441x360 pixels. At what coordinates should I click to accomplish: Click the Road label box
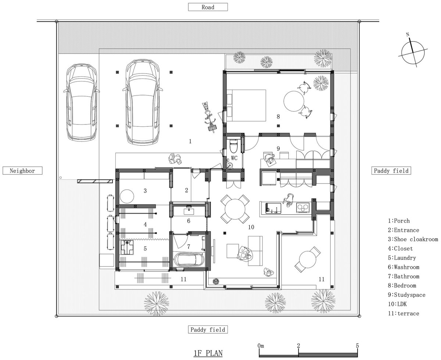click(208, 7)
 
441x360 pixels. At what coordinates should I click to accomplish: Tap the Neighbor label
click(22, 170)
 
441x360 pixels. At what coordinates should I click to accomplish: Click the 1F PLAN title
click(208, 353)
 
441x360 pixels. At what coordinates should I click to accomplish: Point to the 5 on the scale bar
click(357, 346)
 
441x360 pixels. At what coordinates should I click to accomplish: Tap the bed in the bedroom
click(246, 105)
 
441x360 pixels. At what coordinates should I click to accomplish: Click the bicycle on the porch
click(209, 117)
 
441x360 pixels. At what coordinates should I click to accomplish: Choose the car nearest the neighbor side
click(82, 102)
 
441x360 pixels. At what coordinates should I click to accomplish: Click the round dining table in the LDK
click(235, 209)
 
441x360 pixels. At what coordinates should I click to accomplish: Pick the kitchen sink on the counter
click(273, 208)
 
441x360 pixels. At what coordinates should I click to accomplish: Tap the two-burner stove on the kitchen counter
click(302, 208)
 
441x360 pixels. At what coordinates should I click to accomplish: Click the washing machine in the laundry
click(127, 247)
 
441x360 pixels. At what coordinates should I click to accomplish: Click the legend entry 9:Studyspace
click(406, 295)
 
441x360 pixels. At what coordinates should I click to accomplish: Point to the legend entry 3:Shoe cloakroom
click(413, 239)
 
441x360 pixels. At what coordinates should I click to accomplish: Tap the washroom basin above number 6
click(189, 210)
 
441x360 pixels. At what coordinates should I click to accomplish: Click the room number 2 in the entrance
click(187, 190)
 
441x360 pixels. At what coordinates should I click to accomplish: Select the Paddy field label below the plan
click(208, 330)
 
